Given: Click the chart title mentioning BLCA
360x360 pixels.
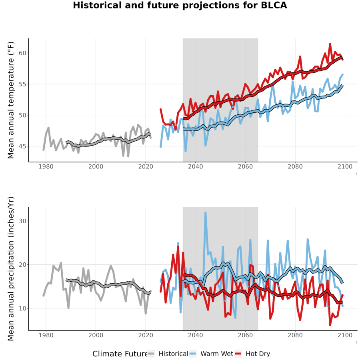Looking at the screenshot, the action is coord(180,5).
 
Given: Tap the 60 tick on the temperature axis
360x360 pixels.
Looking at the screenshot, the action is coord(22,53).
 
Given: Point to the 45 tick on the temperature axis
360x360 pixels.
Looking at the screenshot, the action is coord(22,146).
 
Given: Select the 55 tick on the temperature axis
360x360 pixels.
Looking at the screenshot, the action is coord(22,84).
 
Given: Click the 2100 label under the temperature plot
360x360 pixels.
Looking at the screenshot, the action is coord(345,166).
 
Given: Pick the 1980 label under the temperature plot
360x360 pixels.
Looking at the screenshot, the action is coord(46,166).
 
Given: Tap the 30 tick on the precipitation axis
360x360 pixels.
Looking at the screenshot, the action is coord(22,221).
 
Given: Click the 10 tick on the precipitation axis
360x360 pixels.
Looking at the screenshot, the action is coord(22,308).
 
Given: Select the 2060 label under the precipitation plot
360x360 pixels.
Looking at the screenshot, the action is coord(245,335).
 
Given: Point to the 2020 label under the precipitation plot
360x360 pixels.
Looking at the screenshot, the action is coord(146,335).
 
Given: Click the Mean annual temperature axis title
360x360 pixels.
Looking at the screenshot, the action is coord(11,100).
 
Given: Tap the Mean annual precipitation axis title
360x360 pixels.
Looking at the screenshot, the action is coord(11,269).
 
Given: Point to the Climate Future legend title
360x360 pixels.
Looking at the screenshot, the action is coord(120,354).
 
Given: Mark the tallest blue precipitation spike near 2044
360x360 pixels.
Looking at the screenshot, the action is coord(206,213).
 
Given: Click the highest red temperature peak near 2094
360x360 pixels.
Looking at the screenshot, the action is coord(330,44).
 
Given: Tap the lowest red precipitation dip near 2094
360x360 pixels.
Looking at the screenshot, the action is coord(330,325).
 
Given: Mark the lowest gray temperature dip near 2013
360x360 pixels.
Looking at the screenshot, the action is coord(128,156).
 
